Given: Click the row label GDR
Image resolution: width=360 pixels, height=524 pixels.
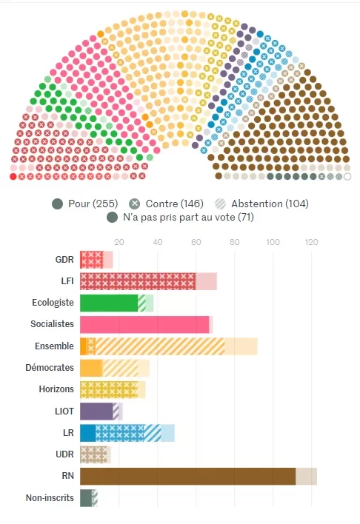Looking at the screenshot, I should tap(64, 260).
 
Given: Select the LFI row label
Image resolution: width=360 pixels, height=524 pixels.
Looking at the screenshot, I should tap(66, 281).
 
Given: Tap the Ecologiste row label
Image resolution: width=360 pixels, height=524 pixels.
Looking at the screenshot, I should tap(53, 303).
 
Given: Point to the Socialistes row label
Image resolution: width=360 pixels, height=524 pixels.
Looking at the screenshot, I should tap(52, 324).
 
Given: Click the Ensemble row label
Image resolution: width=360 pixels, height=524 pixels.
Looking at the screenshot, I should tap(54, 346).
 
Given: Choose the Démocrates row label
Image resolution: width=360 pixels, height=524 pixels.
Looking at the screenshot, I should tap(51, 368).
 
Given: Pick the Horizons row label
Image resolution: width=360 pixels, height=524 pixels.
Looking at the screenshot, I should tap(56, 389).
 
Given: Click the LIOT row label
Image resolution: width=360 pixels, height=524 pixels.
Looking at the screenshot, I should tap(64, 411).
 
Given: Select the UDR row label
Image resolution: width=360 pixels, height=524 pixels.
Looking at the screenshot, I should tap(64, 454).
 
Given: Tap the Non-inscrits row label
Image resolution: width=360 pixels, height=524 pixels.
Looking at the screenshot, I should tap(50, 498).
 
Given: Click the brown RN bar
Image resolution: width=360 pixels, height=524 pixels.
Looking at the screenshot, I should tap(187, 476).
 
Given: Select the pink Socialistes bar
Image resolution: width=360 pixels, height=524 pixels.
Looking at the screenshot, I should tap(144, 324).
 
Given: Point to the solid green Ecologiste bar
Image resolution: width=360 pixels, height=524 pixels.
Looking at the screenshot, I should tap(108, 303).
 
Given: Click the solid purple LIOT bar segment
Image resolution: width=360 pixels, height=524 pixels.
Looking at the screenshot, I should tap(96, 411).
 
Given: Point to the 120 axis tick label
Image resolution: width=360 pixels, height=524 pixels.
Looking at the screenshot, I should tap(312, 242).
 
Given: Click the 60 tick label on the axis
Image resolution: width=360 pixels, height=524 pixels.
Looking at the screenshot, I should tap(196, 242).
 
